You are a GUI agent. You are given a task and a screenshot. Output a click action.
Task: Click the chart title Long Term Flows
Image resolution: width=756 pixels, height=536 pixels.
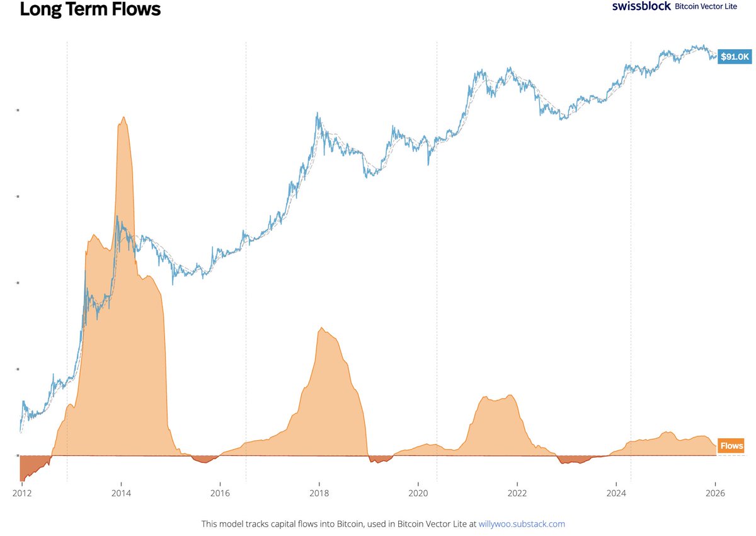(x=90, y=10)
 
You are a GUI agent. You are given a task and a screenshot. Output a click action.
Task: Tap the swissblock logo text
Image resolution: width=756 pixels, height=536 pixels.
(x=641, y=6)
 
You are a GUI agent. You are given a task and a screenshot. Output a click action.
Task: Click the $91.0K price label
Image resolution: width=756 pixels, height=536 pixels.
(x=735, y=57)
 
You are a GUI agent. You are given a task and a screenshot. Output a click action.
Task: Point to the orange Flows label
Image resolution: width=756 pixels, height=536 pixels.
(x=731, y=446)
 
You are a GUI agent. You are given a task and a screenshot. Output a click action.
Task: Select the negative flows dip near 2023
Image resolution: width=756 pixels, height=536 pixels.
(x=570, y=460)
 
